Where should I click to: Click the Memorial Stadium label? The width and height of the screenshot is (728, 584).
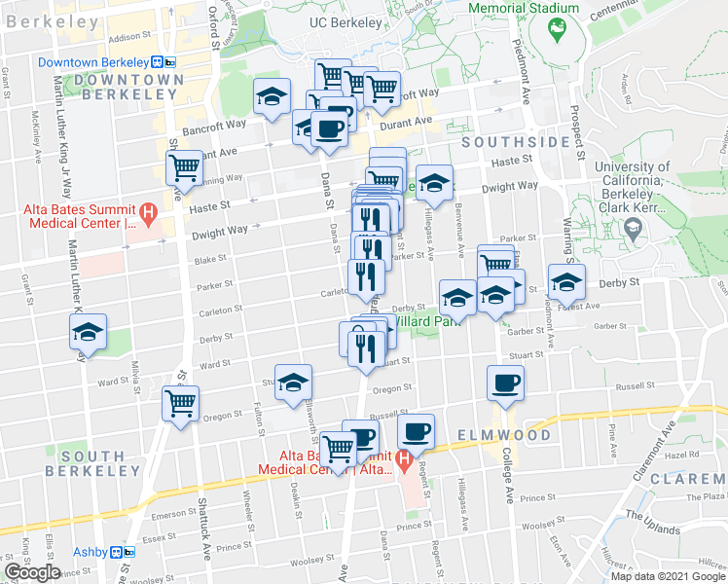(524, 8)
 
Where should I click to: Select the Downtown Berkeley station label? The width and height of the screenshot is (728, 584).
(98, 62)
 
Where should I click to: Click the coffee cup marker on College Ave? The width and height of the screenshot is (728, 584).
(504, 383)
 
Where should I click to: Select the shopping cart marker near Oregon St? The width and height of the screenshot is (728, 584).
(181, 402)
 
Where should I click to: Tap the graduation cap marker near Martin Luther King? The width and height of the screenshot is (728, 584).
(88, 332)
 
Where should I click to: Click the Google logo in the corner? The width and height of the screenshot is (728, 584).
(32, 572)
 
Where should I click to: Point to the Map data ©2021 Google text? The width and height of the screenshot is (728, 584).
(669, 576)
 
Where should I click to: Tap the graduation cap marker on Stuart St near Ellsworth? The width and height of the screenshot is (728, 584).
(292, 382)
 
